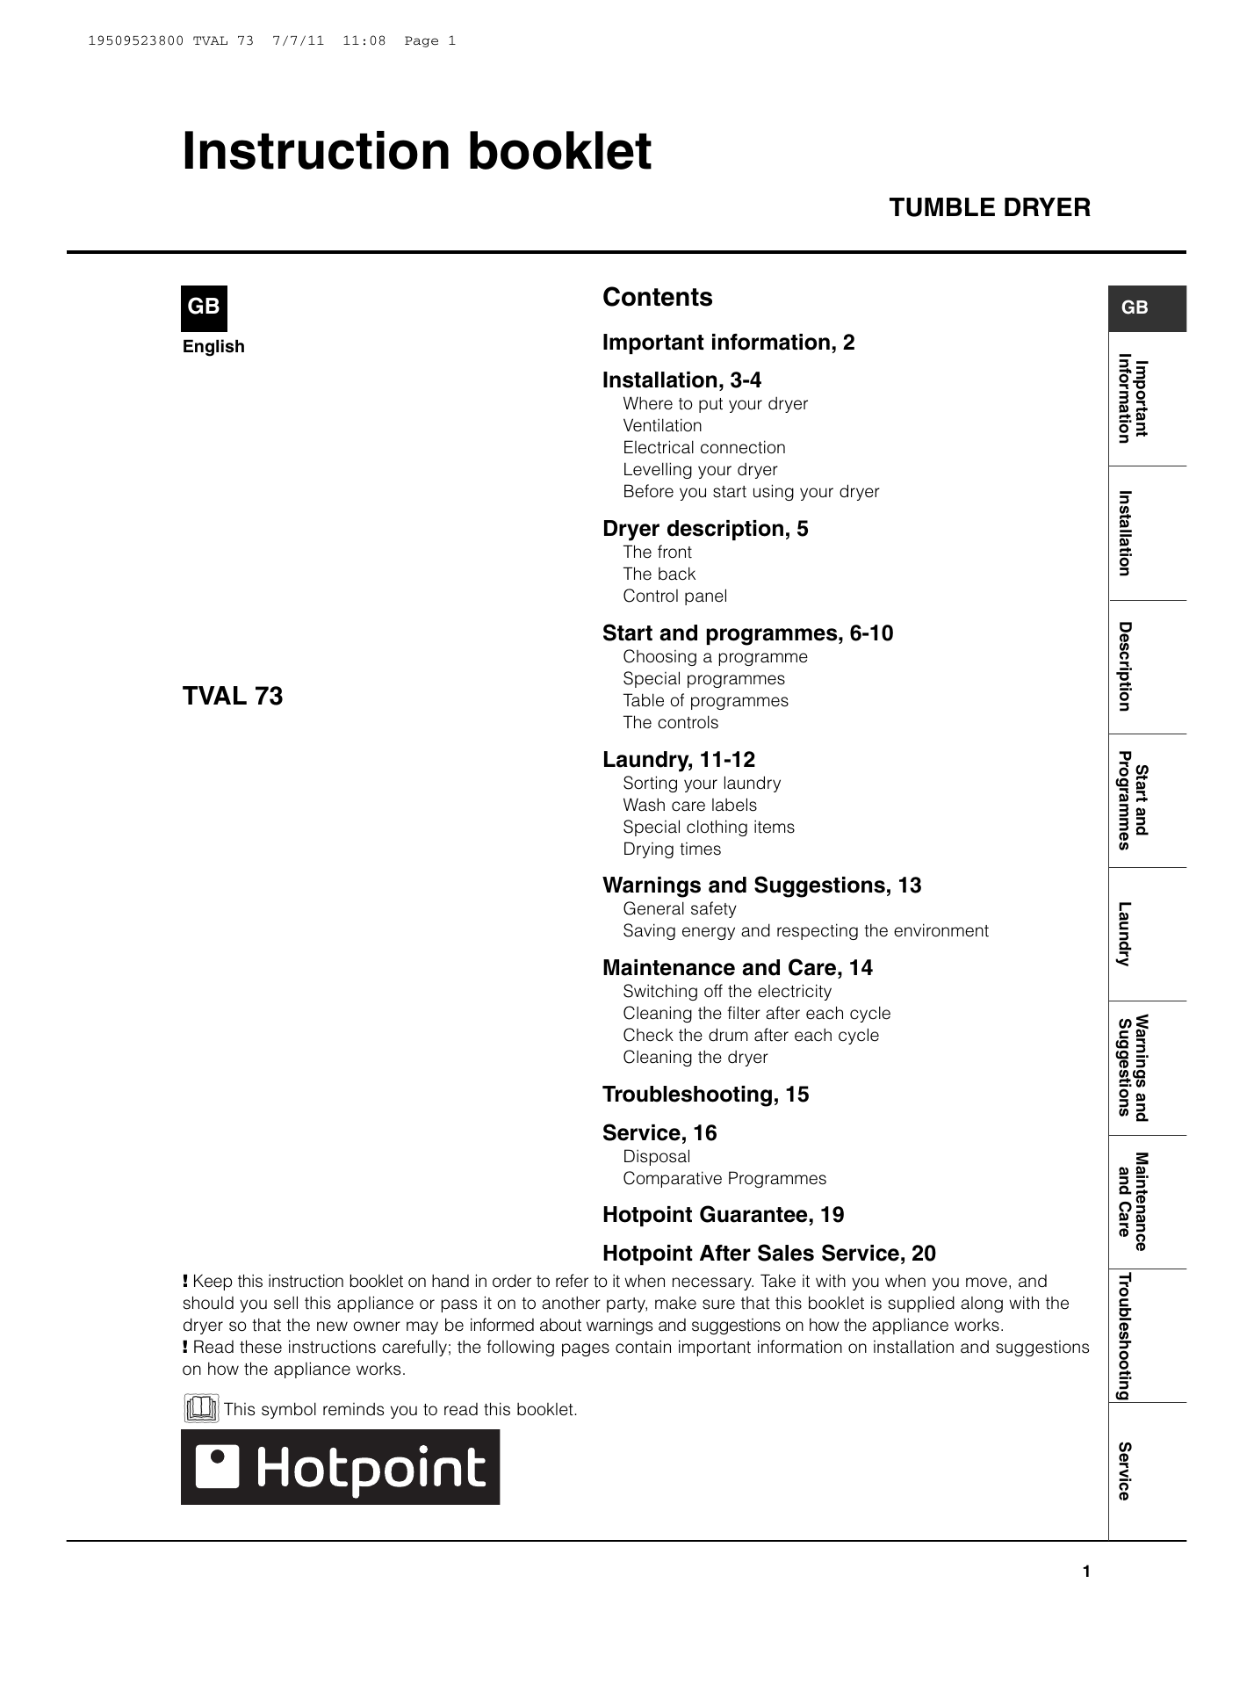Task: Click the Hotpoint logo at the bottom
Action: coord(340,1468)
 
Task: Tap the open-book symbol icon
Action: coord(201,1409)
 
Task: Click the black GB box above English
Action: coord(204,307)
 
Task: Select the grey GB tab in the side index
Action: coord(1146,308)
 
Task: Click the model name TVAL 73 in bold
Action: coord(233,697)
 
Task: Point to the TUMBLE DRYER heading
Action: coord(989,208)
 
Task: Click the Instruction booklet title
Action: coord(416,152)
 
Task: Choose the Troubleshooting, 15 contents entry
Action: coord(705,1095)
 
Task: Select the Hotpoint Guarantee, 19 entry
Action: coord(723,1215)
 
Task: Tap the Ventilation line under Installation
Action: coord(662,426)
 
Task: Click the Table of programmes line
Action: coord(705,701)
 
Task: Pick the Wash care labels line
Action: coord(689,806)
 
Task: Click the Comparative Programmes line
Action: coord(724,1179)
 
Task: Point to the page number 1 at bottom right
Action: coord(1086,1572)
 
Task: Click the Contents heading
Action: coord(657,298)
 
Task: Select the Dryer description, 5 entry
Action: coord(705,529)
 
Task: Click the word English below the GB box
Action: coord(213,347)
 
